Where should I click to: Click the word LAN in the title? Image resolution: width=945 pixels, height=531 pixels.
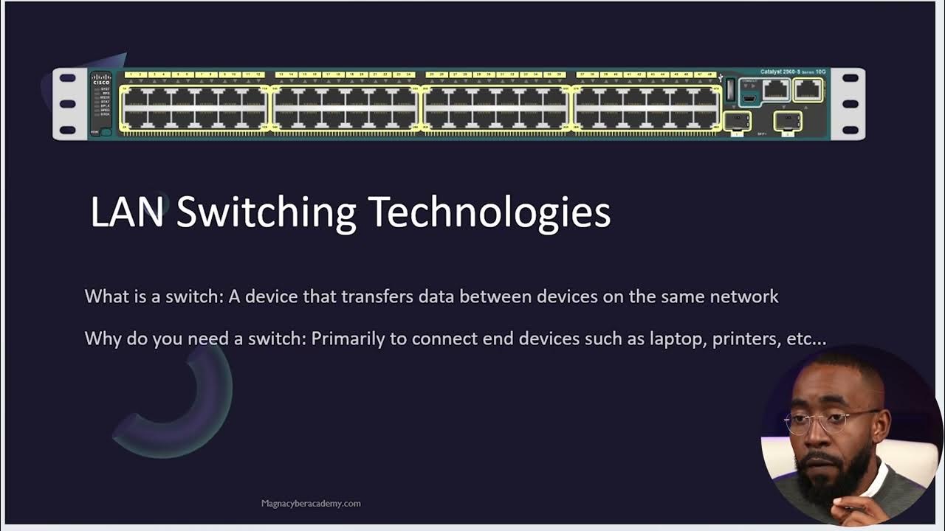point(126,212)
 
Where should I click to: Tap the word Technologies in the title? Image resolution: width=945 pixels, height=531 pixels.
point(489,212)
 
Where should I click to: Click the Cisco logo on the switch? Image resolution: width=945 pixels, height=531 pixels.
point(100,79)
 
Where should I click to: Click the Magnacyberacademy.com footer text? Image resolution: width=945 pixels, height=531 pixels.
point(311,504)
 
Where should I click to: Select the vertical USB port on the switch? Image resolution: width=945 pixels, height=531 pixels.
point(730,89)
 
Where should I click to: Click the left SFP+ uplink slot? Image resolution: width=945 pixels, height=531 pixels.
point(736,120)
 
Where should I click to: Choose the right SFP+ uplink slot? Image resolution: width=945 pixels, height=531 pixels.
point(787,120)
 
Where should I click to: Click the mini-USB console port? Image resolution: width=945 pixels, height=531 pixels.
point(749,97)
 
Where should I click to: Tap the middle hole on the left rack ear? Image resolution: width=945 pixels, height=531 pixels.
point(68,104)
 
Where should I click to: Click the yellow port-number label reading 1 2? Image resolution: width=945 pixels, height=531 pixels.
point(136,74)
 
